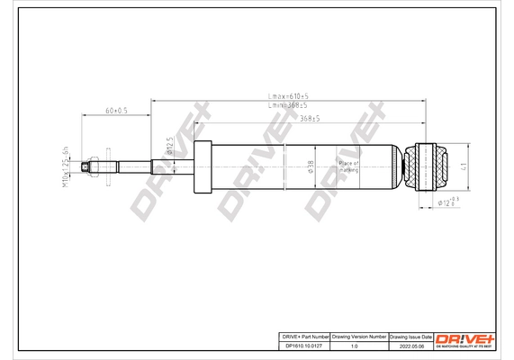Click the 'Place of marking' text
348,166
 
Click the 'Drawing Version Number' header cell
359,335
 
